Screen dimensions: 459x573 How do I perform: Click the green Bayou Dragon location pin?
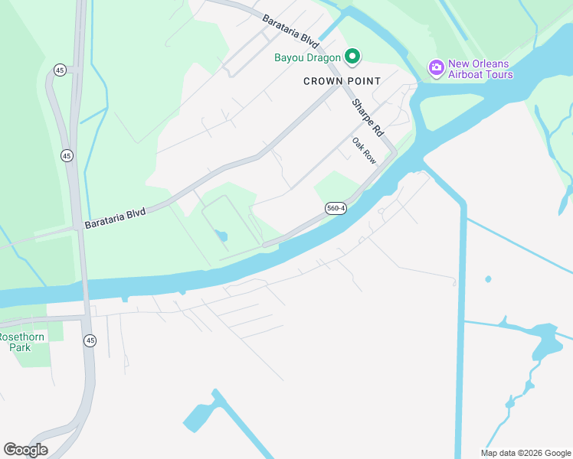[x=352, y=56]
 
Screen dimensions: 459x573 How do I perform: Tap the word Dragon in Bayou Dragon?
[x=322, y=57]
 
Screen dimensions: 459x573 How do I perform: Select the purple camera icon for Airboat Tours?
[x=436, y=67]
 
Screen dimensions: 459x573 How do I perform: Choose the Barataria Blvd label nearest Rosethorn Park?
[x=115, y=215]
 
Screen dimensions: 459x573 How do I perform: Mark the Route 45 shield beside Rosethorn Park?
[x=90, y=340]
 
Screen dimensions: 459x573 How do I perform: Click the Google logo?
[x=25, y=450]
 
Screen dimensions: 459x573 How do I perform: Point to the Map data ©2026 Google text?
[x=526, y=453]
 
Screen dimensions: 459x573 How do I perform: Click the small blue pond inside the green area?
[x=222, y=236]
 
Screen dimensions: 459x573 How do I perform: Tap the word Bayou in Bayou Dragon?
[x=290, y=57]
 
